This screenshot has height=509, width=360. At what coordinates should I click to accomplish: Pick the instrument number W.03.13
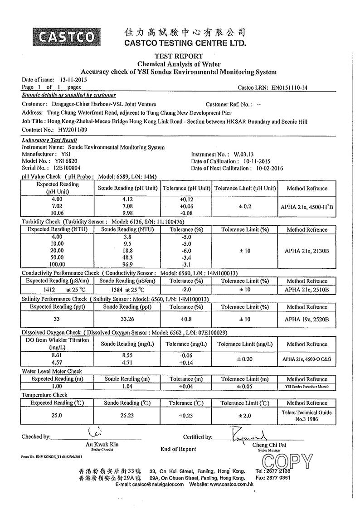point(248,154)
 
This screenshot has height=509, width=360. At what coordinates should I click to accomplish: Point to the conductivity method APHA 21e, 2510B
point(306,290)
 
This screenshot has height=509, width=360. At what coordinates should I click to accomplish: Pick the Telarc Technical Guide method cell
point(306,416)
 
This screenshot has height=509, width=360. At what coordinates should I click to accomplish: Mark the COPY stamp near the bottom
point(287,461)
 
